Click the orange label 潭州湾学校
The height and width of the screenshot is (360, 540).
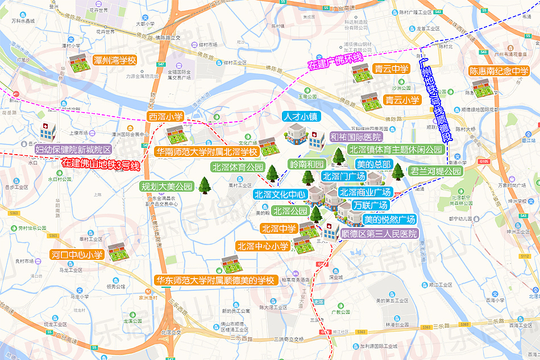point(115,60)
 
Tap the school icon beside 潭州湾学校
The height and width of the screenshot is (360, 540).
point(77,63)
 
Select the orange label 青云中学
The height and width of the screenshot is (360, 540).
point(391,69)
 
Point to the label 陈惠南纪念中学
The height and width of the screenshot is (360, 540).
point(499,72)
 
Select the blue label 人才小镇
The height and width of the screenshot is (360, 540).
point(301,117)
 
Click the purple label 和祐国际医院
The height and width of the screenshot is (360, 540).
point(356,137)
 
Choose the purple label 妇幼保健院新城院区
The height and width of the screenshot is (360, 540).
point(73,149)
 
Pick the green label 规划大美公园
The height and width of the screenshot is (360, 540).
point(167,186)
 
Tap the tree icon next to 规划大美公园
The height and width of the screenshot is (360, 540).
point(204,185)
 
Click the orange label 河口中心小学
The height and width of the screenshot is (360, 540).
point(76,254)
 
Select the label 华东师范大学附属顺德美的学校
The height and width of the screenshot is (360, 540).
point(215,280)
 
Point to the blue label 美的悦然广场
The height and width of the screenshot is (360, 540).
point(389,219)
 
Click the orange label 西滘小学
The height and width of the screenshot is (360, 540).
point(165,117)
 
